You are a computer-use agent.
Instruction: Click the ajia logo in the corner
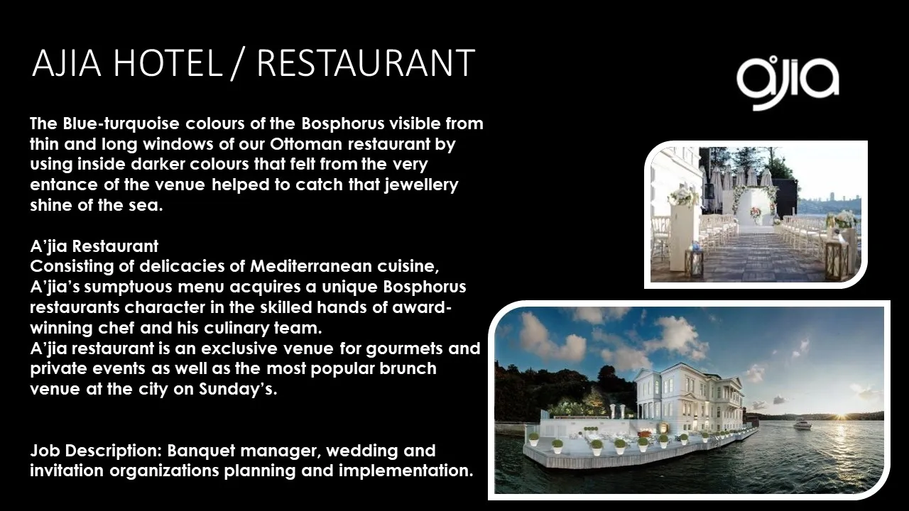tap(788, 83)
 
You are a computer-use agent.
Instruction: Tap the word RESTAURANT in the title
tap(366, 63)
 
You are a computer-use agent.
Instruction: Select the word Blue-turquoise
tap(121, 124)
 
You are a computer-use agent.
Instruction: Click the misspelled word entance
tap(64, 185)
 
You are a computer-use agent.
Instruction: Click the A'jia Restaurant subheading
tap(94, 246)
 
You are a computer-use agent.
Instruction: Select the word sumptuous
tap(129, 287)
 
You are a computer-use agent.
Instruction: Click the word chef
tap(116, 328)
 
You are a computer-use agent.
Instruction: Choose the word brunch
tap(408, 368)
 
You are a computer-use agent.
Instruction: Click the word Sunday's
tap(238, 390)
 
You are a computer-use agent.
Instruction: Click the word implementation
tap(405, 471)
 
